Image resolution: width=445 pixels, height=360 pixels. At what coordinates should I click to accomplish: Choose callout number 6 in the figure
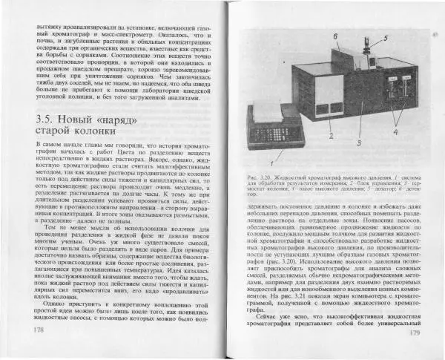[334, 35]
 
